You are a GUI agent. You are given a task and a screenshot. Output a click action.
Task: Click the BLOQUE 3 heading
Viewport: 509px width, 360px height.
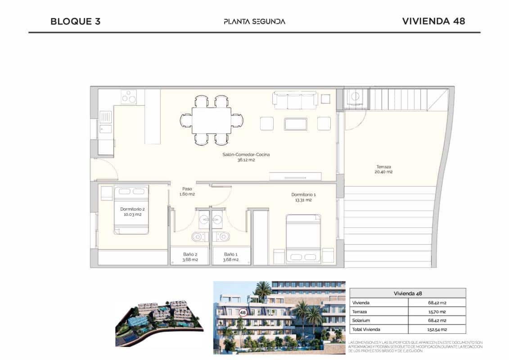click(75, 21)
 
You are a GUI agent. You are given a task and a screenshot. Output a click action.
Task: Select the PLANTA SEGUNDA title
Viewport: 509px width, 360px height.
click(254, 21)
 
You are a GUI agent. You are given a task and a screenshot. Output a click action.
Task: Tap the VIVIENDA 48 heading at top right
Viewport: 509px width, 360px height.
click(433, 21)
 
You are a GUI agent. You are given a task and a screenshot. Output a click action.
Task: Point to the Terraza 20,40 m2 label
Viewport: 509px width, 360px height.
click(384, 169)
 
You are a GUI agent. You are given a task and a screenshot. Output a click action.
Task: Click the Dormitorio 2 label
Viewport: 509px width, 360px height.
click(132, 211)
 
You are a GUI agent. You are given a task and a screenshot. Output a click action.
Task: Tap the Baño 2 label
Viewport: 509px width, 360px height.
click(189, 256)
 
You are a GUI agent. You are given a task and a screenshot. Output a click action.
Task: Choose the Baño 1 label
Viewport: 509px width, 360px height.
click(231, 256)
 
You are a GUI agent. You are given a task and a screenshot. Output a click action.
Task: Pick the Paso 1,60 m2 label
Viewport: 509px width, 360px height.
click(187, 191)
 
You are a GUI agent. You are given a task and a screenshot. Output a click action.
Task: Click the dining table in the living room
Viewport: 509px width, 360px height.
click(211, 120)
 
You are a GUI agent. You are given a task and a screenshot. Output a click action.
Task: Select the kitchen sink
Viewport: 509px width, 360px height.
click(106, 122)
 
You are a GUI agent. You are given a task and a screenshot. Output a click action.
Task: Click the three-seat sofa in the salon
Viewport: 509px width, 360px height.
click(295, 100)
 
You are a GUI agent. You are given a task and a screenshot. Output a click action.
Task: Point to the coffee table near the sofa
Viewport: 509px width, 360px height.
click(295, 124)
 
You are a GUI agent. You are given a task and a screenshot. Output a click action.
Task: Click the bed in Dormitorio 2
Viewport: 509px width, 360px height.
click(131, 210)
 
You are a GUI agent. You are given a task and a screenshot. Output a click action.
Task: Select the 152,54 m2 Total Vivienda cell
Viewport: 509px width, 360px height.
click(437, 329)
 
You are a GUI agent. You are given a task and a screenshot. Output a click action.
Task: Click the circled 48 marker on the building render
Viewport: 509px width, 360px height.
click(243, 312)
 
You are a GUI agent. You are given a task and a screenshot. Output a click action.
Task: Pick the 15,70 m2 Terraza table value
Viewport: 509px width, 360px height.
click(437, 311)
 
